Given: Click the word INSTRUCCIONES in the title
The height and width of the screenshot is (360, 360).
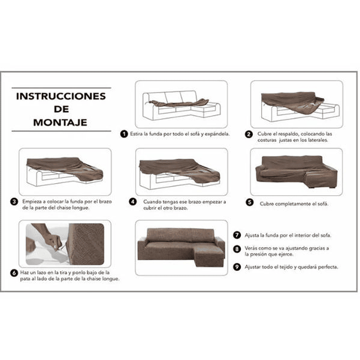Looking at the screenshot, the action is point(61,96).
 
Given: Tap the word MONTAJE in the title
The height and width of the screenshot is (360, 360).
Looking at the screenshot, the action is point(60,122).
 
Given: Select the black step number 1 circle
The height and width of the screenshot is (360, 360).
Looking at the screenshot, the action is point(124,134).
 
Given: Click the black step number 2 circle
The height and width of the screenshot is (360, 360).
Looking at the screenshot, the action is point(249,134).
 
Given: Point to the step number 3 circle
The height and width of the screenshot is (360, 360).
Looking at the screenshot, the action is point(14,202).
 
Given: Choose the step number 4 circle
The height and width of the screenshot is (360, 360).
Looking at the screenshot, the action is point(133,202).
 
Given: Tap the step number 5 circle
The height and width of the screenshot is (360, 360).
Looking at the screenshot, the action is point(249,202).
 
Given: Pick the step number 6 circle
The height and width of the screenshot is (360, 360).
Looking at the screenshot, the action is point(14,273).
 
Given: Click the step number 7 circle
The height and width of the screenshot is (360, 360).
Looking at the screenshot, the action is point(237,235).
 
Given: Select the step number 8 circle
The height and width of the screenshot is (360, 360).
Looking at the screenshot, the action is point(237,249).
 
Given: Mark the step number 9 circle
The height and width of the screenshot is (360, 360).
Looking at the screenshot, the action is point(237,267).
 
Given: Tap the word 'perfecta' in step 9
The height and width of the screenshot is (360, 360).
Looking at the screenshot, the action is point(328,267).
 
